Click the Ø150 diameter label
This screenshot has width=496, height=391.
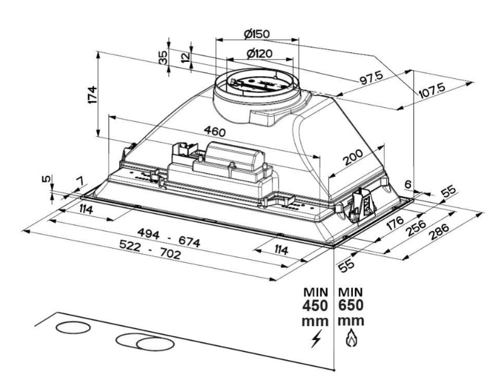point(257,32)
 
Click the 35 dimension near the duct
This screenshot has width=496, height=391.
point(163,57)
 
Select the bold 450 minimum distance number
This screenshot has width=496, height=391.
point(315,306)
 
